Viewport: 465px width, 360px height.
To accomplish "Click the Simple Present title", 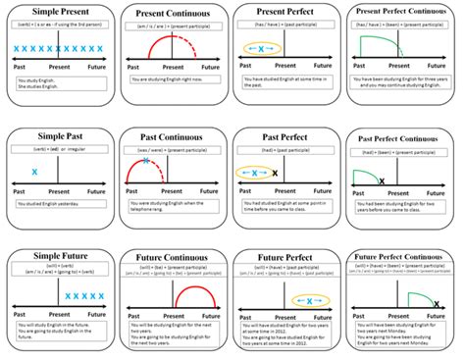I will (x=59, y=10).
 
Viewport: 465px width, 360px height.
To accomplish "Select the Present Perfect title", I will (x=287, y=12).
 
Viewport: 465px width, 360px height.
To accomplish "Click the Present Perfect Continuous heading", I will (x=403, y=12).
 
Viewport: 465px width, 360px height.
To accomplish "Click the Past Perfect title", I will (x=287, y=137).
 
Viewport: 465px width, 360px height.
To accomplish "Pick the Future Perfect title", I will (x=287, y=258).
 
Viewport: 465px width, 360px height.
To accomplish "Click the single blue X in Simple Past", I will (x=35, y=172).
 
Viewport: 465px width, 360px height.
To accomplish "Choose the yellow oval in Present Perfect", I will (x=261, y=47).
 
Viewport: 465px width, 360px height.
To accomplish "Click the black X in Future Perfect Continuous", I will (x=435, y=304).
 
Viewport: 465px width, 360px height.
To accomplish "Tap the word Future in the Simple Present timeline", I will (x=96, y=68).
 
